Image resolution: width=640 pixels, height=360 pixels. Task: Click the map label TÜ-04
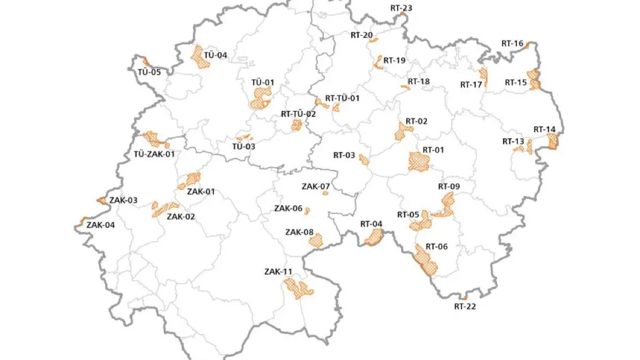point(215,55)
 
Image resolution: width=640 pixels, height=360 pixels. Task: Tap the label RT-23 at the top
point(401,8)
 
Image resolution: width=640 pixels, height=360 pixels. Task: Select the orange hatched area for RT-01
point(418,162)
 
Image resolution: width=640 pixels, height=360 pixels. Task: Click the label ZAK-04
point(100,225)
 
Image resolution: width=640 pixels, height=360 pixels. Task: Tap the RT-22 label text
point(465,306)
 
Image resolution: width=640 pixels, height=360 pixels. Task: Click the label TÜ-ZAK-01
point(154,154)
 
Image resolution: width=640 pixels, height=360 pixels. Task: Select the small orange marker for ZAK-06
point(307,211)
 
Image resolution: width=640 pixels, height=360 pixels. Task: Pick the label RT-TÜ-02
point(298,114)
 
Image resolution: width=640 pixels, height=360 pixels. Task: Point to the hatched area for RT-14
point(553,141)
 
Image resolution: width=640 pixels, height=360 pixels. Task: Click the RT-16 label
point(512,43)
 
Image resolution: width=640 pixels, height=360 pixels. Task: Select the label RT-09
point(449,187)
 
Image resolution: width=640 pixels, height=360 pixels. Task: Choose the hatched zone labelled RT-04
point(374,237)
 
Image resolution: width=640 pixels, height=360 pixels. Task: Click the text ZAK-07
point(316,187)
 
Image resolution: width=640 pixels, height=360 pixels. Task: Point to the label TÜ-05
point(149,72)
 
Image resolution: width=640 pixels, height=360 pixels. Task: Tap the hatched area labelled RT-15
point(533,79)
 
